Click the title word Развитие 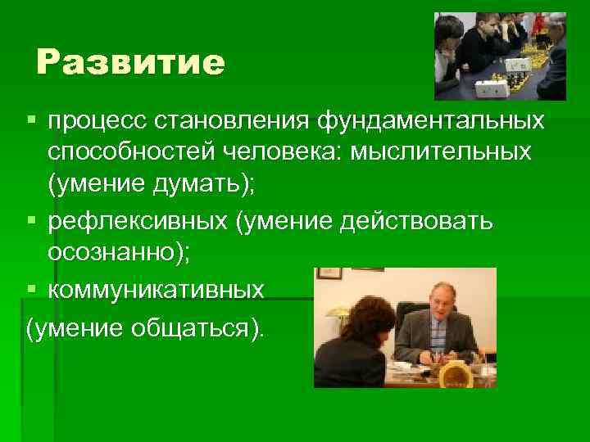(130, 62)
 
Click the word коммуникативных (156, 290)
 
